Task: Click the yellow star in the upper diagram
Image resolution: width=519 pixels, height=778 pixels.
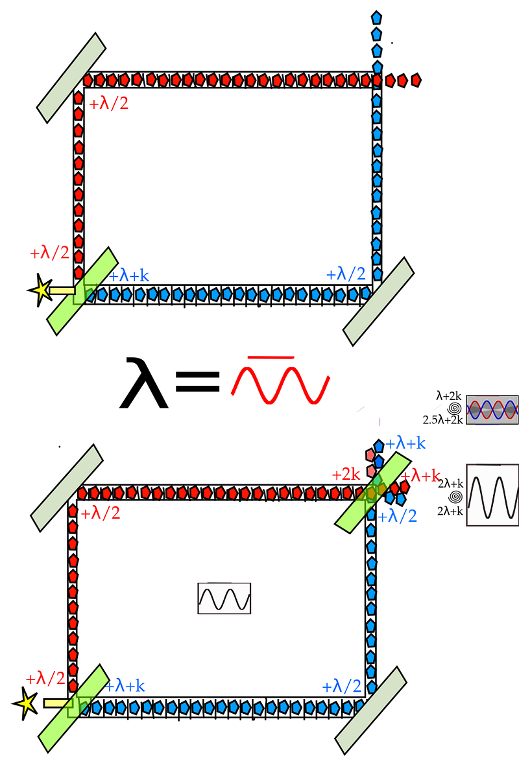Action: point(41,290)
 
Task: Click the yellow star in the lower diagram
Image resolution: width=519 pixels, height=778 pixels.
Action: point(25,703)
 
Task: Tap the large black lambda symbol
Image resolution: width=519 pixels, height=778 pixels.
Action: point(143,383)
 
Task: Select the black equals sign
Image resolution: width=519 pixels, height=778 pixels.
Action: point(197,381)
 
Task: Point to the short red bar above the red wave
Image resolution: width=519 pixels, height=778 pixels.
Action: point(271,357)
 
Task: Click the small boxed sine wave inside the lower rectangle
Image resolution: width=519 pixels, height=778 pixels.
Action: point(224,598)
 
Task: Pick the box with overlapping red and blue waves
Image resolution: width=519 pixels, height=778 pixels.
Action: point(492,410)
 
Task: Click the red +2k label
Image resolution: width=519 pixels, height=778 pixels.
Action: point(346,475)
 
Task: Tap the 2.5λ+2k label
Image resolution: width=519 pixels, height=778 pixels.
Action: point(442,420)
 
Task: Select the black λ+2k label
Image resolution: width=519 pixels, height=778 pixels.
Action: point(449,396)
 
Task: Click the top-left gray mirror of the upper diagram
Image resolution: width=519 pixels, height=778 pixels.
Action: point(71,78)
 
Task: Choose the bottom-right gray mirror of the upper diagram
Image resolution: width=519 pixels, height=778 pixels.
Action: point(379,301)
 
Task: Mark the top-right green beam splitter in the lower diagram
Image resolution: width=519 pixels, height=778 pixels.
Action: point(373,493)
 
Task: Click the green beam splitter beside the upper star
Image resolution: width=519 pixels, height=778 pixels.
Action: point(83,291)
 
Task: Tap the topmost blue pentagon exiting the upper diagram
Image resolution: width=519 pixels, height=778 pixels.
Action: point(376,18)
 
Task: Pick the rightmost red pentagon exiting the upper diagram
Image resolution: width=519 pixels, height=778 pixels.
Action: point(416,80)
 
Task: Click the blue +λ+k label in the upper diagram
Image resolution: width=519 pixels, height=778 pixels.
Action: point(129,276)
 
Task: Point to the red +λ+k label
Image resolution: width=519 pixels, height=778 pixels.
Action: point(420,475)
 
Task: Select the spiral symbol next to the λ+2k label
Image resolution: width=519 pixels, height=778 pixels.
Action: point(454,408)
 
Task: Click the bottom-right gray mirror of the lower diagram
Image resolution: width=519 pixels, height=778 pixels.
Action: point(371,711)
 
